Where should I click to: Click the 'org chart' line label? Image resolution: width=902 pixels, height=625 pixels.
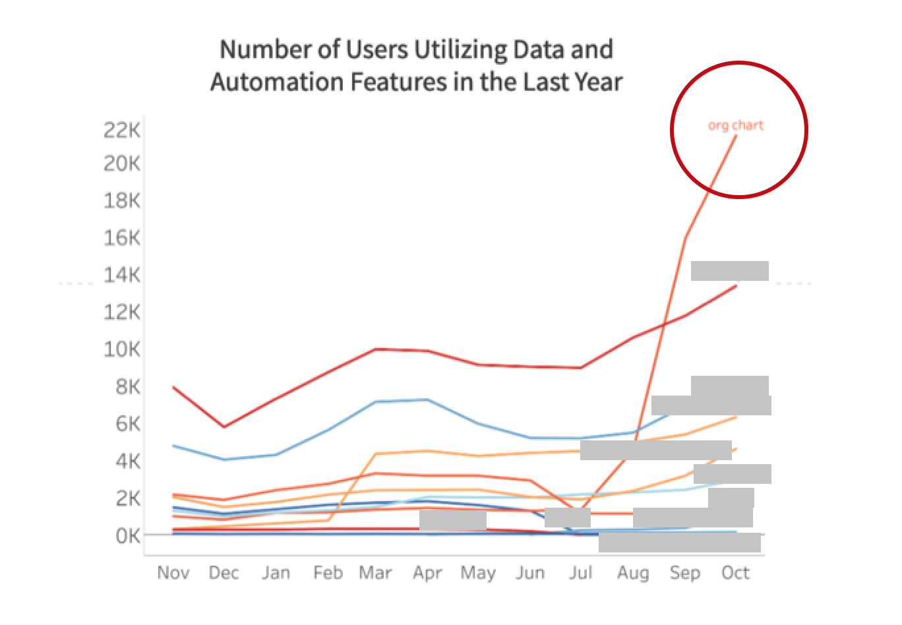tap(735, 125)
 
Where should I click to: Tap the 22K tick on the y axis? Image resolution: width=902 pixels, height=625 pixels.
tap(122, 131)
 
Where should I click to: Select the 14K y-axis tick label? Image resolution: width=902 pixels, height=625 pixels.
tap(122, 274)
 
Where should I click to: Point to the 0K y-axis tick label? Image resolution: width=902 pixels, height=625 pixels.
tap(127, 536)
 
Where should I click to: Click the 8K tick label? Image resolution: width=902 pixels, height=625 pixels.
tap(127, 386)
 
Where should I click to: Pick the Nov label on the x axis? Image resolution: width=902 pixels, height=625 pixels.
tap(173, 573)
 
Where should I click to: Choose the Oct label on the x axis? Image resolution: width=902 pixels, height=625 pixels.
tap(735, 573)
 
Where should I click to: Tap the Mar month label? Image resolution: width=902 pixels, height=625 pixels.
tap(375, 573)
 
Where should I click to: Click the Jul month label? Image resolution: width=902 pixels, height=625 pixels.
tap(580, 573)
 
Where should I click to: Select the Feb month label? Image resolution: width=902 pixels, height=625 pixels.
tap(328, 573)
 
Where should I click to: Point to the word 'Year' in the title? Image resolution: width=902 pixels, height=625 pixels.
tap(597, 82)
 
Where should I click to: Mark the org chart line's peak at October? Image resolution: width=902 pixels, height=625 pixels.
tap(737, 135)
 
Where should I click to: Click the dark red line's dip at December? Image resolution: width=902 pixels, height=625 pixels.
tap(224, 427)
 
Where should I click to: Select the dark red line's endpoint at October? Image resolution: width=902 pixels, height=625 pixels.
tap(737, 285)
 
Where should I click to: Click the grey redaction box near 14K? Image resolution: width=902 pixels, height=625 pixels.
tap(729, 271)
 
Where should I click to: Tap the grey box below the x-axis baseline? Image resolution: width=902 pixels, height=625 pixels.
tap(679, 543)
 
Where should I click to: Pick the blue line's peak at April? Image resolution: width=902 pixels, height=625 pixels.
tap(428, 400)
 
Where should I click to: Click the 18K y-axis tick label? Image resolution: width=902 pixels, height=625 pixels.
tap(122, 200)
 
